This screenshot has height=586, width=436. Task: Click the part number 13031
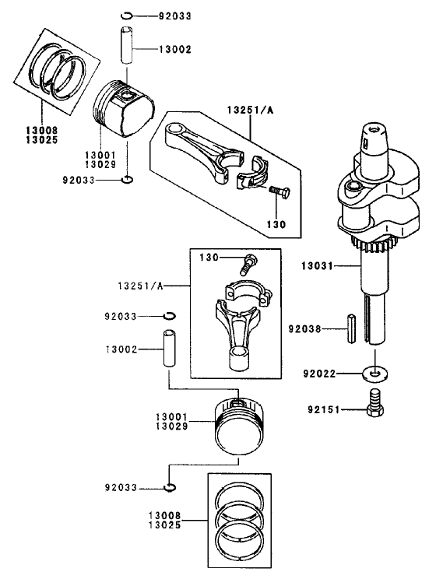pyautogui.click(x=317, y=265)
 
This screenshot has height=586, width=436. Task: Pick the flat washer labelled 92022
pyautogui.click(x=376, y=373)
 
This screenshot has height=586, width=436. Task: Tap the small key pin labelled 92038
pyautogui.click(x=350, y=328)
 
